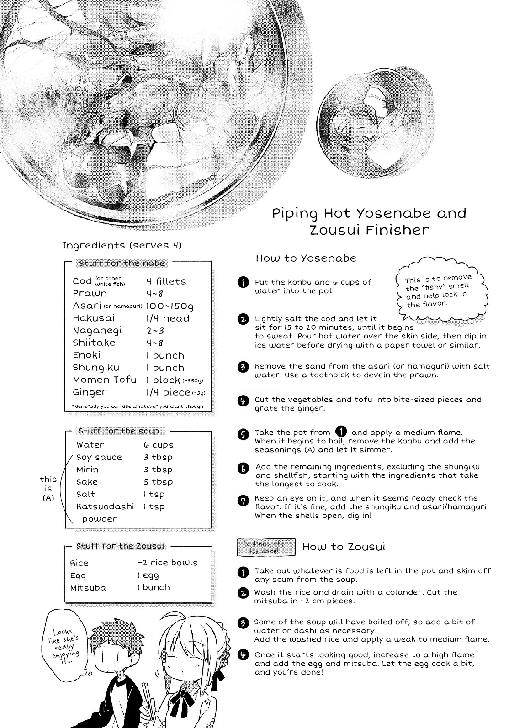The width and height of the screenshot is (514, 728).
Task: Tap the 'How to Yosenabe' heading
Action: [306, 258]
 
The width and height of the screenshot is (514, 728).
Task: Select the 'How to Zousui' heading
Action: [344, 547]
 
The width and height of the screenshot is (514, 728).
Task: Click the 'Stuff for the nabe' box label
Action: [122, 263]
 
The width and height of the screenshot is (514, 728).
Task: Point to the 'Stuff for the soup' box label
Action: [119, 431]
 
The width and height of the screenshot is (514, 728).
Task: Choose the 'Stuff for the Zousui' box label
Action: [120, 546]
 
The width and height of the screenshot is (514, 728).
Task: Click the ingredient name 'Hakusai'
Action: [94, 318]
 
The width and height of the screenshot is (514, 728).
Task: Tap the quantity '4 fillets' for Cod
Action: [166, 281]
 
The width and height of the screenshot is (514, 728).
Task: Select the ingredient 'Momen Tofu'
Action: [105, 380]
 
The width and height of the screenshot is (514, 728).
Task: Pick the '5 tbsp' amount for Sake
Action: [158, 482]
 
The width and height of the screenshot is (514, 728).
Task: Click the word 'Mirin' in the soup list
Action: [87, 470]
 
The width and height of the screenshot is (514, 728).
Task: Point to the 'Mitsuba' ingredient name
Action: [88, 588]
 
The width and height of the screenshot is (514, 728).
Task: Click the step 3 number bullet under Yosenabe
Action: [243, 367]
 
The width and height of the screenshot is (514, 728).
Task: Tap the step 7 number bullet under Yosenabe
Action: [243, 501]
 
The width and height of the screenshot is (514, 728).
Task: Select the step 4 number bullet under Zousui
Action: [243, 655]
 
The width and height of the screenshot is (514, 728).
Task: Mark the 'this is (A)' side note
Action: [48, 488]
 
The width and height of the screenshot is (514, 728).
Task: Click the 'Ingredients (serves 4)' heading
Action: [122, 245]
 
